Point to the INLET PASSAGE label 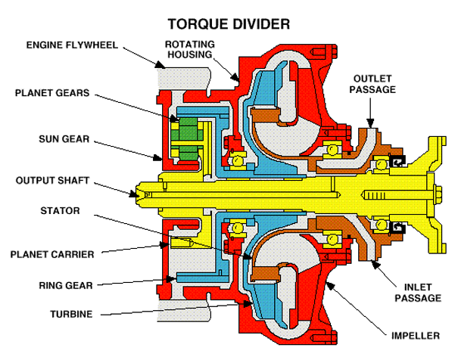click(x=416, y=293)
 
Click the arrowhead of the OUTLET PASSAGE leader click(x=369, y=126)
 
